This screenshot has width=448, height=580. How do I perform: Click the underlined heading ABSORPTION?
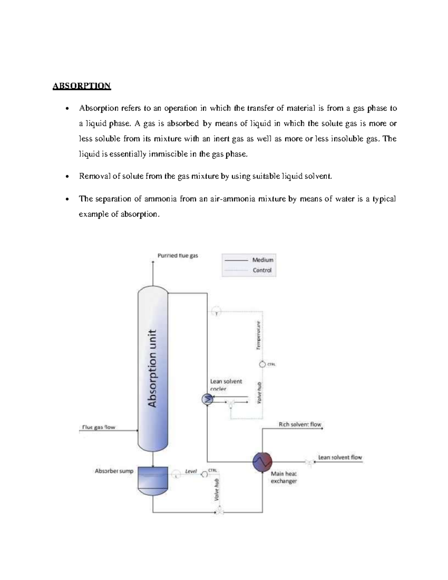coord(82,86)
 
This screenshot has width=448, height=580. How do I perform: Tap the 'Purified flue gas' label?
coord(178,256)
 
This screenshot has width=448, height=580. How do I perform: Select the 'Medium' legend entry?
coord(262,260)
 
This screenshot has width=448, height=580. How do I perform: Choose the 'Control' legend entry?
coord(262,270)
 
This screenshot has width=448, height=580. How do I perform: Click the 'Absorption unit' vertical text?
coord(152,368)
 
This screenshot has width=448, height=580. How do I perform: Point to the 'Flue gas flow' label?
coord(99,427)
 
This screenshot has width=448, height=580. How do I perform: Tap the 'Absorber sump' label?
coord(114,471)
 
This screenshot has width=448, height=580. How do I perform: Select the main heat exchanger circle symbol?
coord(262,462)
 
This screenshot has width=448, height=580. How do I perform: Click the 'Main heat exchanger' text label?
coord(284,477)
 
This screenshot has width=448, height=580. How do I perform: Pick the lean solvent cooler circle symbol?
coord(207,400)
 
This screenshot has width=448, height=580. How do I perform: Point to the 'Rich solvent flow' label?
coord(300,425)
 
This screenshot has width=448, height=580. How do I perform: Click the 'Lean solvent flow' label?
coord(340,457)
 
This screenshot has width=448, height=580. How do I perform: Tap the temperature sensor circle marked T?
coord(217,311)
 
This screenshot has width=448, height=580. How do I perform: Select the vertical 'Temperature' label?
coord(258,335)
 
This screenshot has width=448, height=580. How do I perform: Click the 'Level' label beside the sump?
coord(191,471)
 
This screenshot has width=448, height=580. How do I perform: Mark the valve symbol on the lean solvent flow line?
coord(309,462)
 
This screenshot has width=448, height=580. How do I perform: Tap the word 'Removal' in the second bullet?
coord(95,176)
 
